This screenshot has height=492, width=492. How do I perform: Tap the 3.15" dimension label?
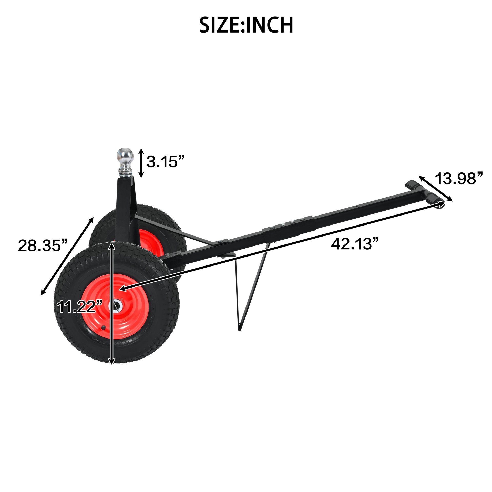[165, 162]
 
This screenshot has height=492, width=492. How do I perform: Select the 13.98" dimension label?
[459, 179]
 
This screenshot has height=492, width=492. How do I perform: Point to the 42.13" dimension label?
[355, 244]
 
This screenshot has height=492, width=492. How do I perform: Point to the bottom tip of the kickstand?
[239, 330]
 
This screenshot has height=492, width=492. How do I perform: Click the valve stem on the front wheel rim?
[103, 327]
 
